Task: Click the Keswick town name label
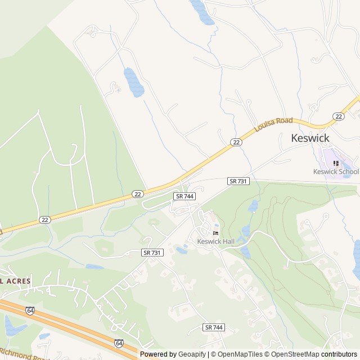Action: click(x=310, y=138)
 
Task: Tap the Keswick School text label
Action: click(x=336, y=172)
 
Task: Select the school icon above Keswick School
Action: click(x=336, y=163)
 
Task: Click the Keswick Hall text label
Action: click(x=215, y=241)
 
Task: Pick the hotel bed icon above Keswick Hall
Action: click(x=215, y=233)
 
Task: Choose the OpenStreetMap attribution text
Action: click(x=294, y=354)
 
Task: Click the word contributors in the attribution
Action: click(x=339, y=354)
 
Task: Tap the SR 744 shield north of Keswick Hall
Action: click(x=184, y=196)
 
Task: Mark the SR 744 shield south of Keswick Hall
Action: click(x=214, y=327)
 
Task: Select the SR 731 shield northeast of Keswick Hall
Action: click(x=238, y=181)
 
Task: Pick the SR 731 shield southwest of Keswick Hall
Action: click(x=152, y=253)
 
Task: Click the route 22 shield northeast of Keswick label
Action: click(x=338, y=116)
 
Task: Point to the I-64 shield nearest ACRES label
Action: click(x=30, y=310)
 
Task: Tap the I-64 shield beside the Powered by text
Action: click(x=119, y=343)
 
